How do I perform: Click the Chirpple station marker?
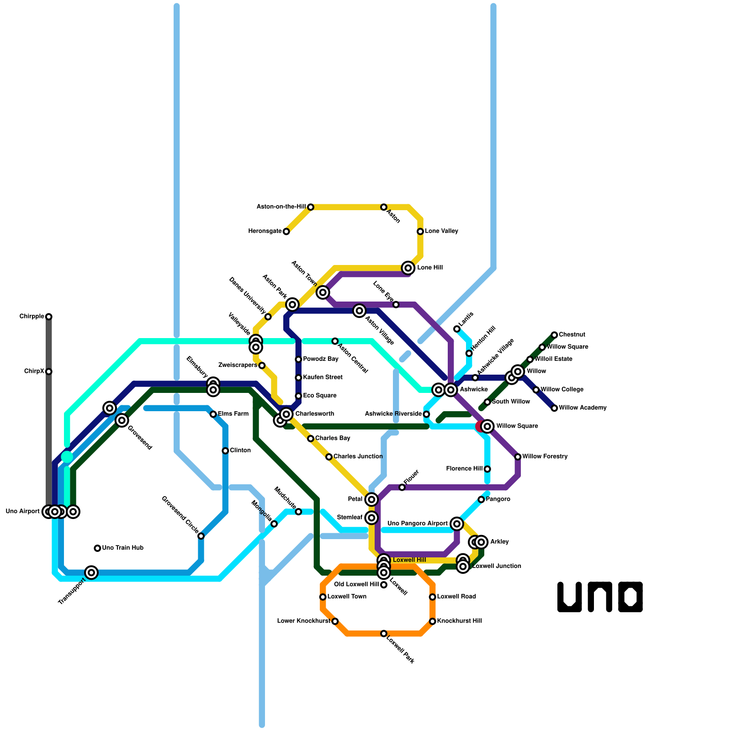(49, 317)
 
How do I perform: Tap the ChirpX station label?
(34, 371)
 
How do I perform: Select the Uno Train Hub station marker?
(97, 548)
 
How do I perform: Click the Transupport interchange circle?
(91, 572)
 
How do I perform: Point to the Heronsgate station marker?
(286, 232)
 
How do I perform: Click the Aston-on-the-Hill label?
(281, 207)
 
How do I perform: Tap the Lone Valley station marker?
(420, 232)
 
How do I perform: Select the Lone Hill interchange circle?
(408, 268)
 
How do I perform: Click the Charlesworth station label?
(315, 414)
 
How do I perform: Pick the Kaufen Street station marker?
(298, 378)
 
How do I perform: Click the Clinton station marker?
(225, 451)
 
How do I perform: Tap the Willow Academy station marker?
(554, 408)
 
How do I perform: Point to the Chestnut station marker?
(554, 335)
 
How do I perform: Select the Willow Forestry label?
(545, 456)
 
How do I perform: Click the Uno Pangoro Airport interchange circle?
(457, 524)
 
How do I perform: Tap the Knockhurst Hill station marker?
(432, 621)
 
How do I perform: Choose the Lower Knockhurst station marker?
(335, 621)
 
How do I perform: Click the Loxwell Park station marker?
(384, 634)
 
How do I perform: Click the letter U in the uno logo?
(569, 597)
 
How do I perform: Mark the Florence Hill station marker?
(487, 469)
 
